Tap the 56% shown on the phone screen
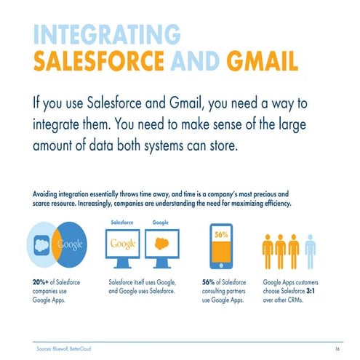(x=220, y=235)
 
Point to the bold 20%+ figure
(x=41, y=280)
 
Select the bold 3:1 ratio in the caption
(x=321, y=289)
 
